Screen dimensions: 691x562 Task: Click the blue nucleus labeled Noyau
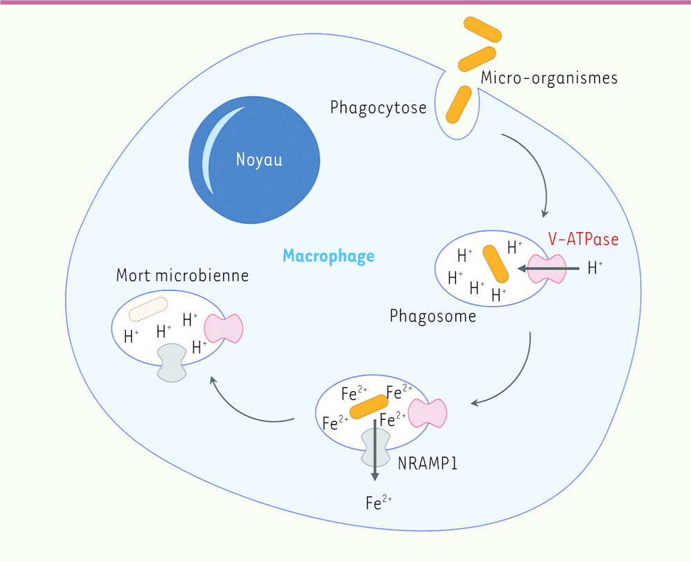(254, 159)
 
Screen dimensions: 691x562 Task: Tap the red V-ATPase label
(583, 239)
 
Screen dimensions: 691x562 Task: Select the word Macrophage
(328, 256)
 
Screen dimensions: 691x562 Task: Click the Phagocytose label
(378, 108)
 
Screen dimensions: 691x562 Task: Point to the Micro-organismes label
(549, 77)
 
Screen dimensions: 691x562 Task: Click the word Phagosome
(433, 316)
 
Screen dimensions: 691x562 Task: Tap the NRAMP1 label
(428, 463)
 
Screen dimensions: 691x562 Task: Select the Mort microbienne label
(182, 275)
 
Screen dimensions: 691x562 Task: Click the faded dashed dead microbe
(148, 309)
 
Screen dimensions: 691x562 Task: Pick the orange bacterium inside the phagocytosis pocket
(459, 104)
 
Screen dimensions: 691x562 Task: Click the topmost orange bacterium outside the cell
(482, 30)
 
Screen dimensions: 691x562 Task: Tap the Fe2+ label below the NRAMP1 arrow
(379, 503)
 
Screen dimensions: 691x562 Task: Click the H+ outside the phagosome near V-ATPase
(596, 267)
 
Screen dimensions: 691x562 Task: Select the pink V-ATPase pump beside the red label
(547, 269)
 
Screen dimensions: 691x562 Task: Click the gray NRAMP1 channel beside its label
(375, 447)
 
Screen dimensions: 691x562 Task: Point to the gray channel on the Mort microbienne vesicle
(172, 362)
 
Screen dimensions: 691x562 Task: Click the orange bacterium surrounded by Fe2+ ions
(369, 407)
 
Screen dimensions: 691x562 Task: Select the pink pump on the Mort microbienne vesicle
(223, 329)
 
